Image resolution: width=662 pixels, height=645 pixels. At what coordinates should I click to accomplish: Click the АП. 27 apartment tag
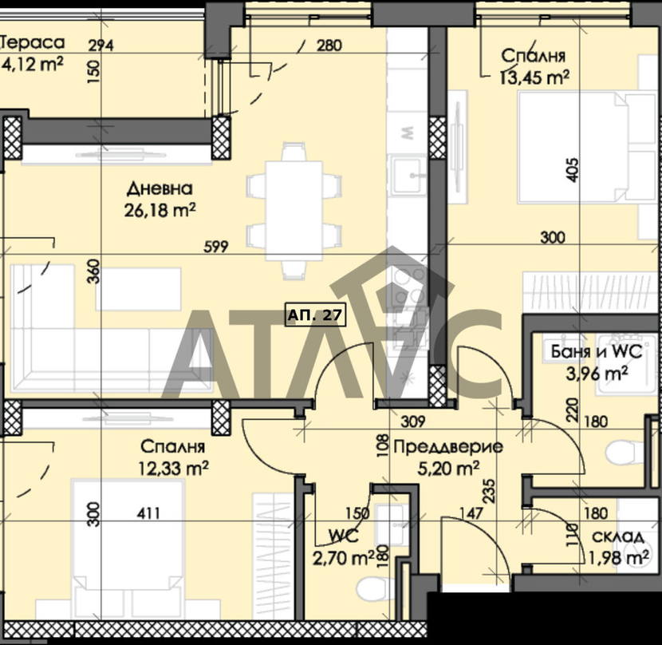point(316,315)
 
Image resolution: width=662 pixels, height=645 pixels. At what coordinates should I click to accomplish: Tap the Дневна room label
point(160,189)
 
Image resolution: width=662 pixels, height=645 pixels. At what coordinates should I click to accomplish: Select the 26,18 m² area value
point(160,210)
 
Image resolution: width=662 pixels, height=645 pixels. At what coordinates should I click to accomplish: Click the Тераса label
point(33,42)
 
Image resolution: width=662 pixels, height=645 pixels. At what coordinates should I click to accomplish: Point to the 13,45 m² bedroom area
point(534,77)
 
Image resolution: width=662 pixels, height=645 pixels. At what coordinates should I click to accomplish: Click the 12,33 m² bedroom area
point(174,468)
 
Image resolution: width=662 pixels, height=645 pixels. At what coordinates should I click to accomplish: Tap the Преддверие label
point(448,446)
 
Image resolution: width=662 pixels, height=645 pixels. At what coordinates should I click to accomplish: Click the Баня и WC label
point(597,352)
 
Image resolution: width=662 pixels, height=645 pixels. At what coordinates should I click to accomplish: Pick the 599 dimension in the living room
point(215,247)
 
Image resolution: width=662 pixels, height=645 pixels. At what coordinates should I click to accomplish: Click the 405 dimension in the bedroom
point(573,170)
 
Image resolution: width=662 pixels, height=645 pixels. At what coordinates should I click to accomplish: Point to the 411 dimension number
point(148,513)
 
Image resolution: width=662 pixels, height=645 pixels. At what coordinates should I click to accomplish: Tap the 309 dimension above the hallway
point(413,421)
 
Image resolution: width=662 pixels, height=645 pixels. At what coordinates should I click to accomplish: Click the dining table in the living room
point(294,211)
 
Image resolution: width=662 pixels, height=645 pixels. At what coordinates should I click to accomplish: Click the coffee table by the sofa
point(139,289)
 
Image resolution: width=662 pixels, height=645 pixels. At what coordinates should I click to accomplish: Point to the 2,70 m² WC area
point(343,559)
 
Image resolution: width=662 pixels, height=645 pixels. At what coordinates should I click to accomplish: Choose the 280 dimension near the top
point(329,46)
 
